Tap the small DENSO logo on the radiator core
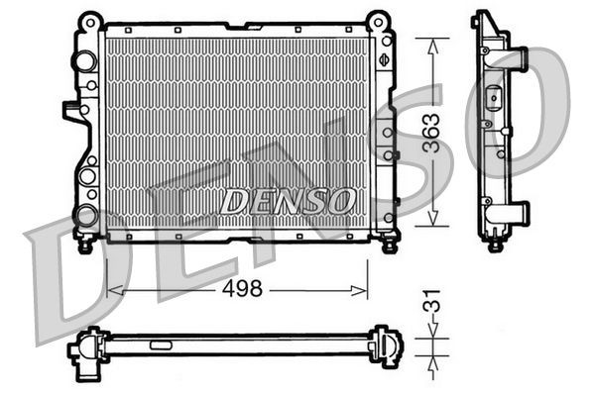(289, 201)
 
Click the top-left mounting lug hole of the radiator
(90, 19)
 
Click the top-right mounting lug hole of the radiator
(378, 19)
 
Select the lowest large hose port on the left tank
(85, 214)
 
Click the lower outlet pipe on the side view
(519, 213)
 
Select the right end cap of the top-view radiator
(386, 346)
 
